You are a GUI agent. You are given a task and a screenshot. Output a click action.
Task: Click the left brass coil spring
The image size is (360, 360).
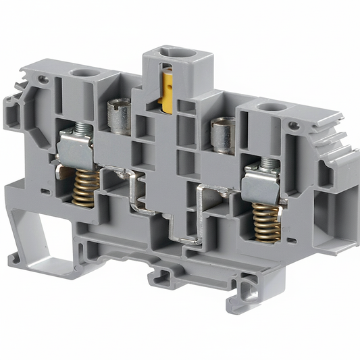click(x=84, y=186)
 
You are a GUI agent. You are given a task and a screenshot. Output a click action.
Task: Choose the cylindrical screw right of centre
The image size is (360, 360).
click(x=222, y=134)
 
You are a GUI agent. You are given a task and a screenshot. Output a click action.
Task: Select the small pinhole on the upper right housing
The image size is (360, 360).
click(x=294, y=125)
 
